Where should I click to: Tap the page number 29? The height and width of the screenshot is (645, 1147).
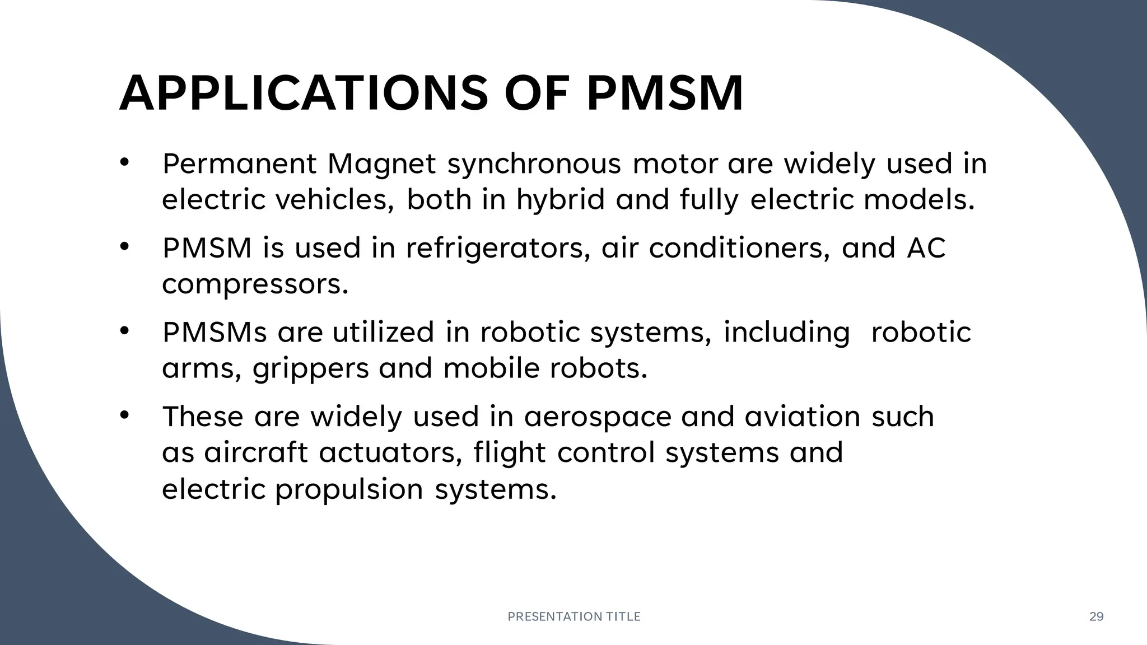[x=1096, y=616]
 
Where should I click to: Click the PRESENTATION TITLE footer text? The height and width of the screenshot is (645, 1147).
[x=573, y=616]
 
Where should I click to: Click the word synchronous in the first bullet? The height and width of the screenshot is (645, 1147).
[x=534, y=164]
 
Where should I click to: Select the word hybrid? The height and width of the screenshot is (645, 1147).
[x=560, y=200]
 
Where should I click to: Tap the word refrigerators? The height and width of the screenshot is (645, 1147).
[x=494, y=248]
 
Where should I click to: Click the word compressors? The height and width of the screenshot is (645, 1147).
[x=255, y=284]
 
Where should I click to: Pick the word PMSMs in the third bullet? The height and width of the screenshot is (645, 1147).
[x=215, y=332]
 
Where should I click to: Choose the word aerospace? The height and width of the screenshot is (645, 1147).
[x=597, y=417]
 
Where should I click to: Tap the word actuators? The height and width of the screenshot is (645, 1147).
[x=390, y=452]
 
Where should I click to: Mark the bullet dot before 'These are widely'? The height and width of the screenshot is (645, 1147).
[x=124, y=415]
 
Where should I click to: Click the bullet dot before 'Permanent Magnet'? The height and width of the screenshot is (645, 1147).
[x=124, y=163]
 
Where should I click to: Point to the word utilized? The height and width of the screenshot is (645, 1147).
[x=383, y=332]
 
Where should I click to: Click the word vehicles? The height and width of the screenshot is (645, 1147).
[x=334, y=200]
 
